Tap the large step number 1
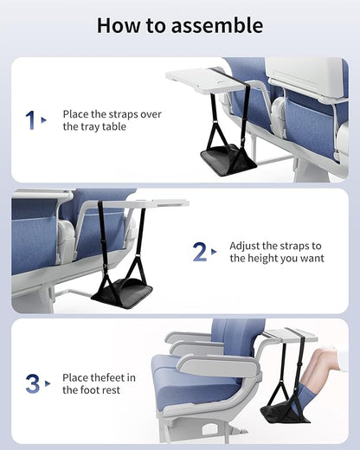coord(31,119)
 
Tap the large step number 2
coord(199,252)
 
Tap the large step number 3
coord(31,383)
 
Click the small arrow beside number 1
coord(44,121)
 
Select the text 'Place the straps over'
coord(112,114)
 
